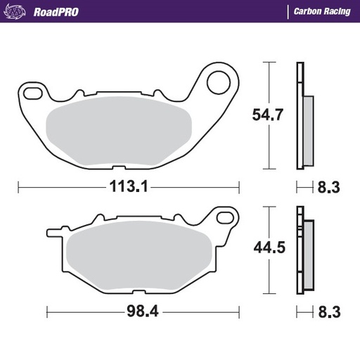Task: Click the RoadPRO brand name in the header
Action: coord(56,11)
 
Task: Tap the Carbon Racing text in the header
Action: coord(321,11)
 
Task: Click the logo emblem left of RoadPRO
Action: coord(17,11)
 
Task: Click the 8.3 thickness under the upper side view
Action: coord(329,188)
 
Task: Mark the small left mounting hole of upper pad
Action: coord(31,90)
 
